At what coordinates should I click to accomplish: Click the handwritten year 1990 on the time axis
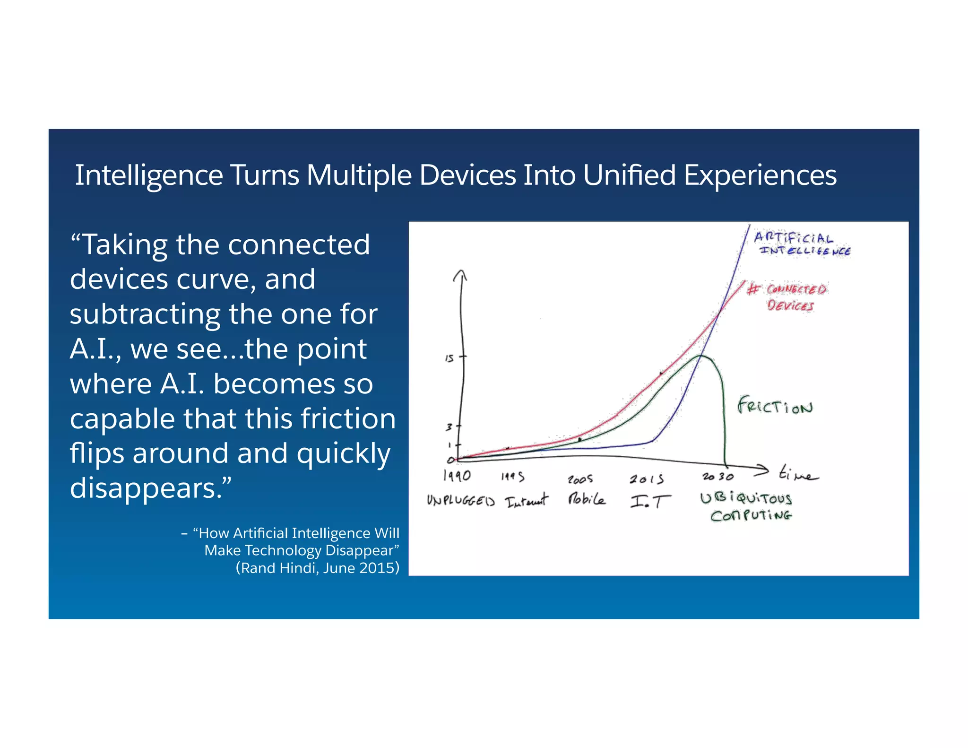tap(457, 475)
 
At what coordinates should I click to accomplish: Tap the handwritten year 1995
tap(513, 477)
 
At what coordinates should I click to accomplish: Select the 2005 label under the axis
tap(580, 479)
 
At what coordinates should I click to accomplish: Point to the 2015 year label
tap(646, 479)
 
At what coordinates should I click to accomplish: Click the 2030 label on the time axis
tap(717, 477)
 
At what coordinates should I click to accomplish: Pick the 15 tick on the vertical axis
tap(449, 358)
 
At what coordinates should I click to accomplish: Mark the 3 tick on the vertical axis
tap(449, 427)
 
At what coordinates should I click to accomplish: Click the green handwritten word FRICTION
tap(775, 406)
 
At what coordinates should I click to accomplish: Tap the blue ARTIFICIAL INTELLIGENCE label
tap(802, 244)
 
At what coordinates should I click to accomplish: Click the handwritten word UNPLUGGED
tap(460, 500)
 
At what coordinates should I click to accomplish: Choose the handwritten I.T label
tap(650, 501)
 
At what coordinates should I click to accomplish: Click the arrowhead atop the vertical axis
tap(460, 275)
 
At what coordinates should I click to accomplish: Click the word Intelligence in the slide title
tap(149, 175)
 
